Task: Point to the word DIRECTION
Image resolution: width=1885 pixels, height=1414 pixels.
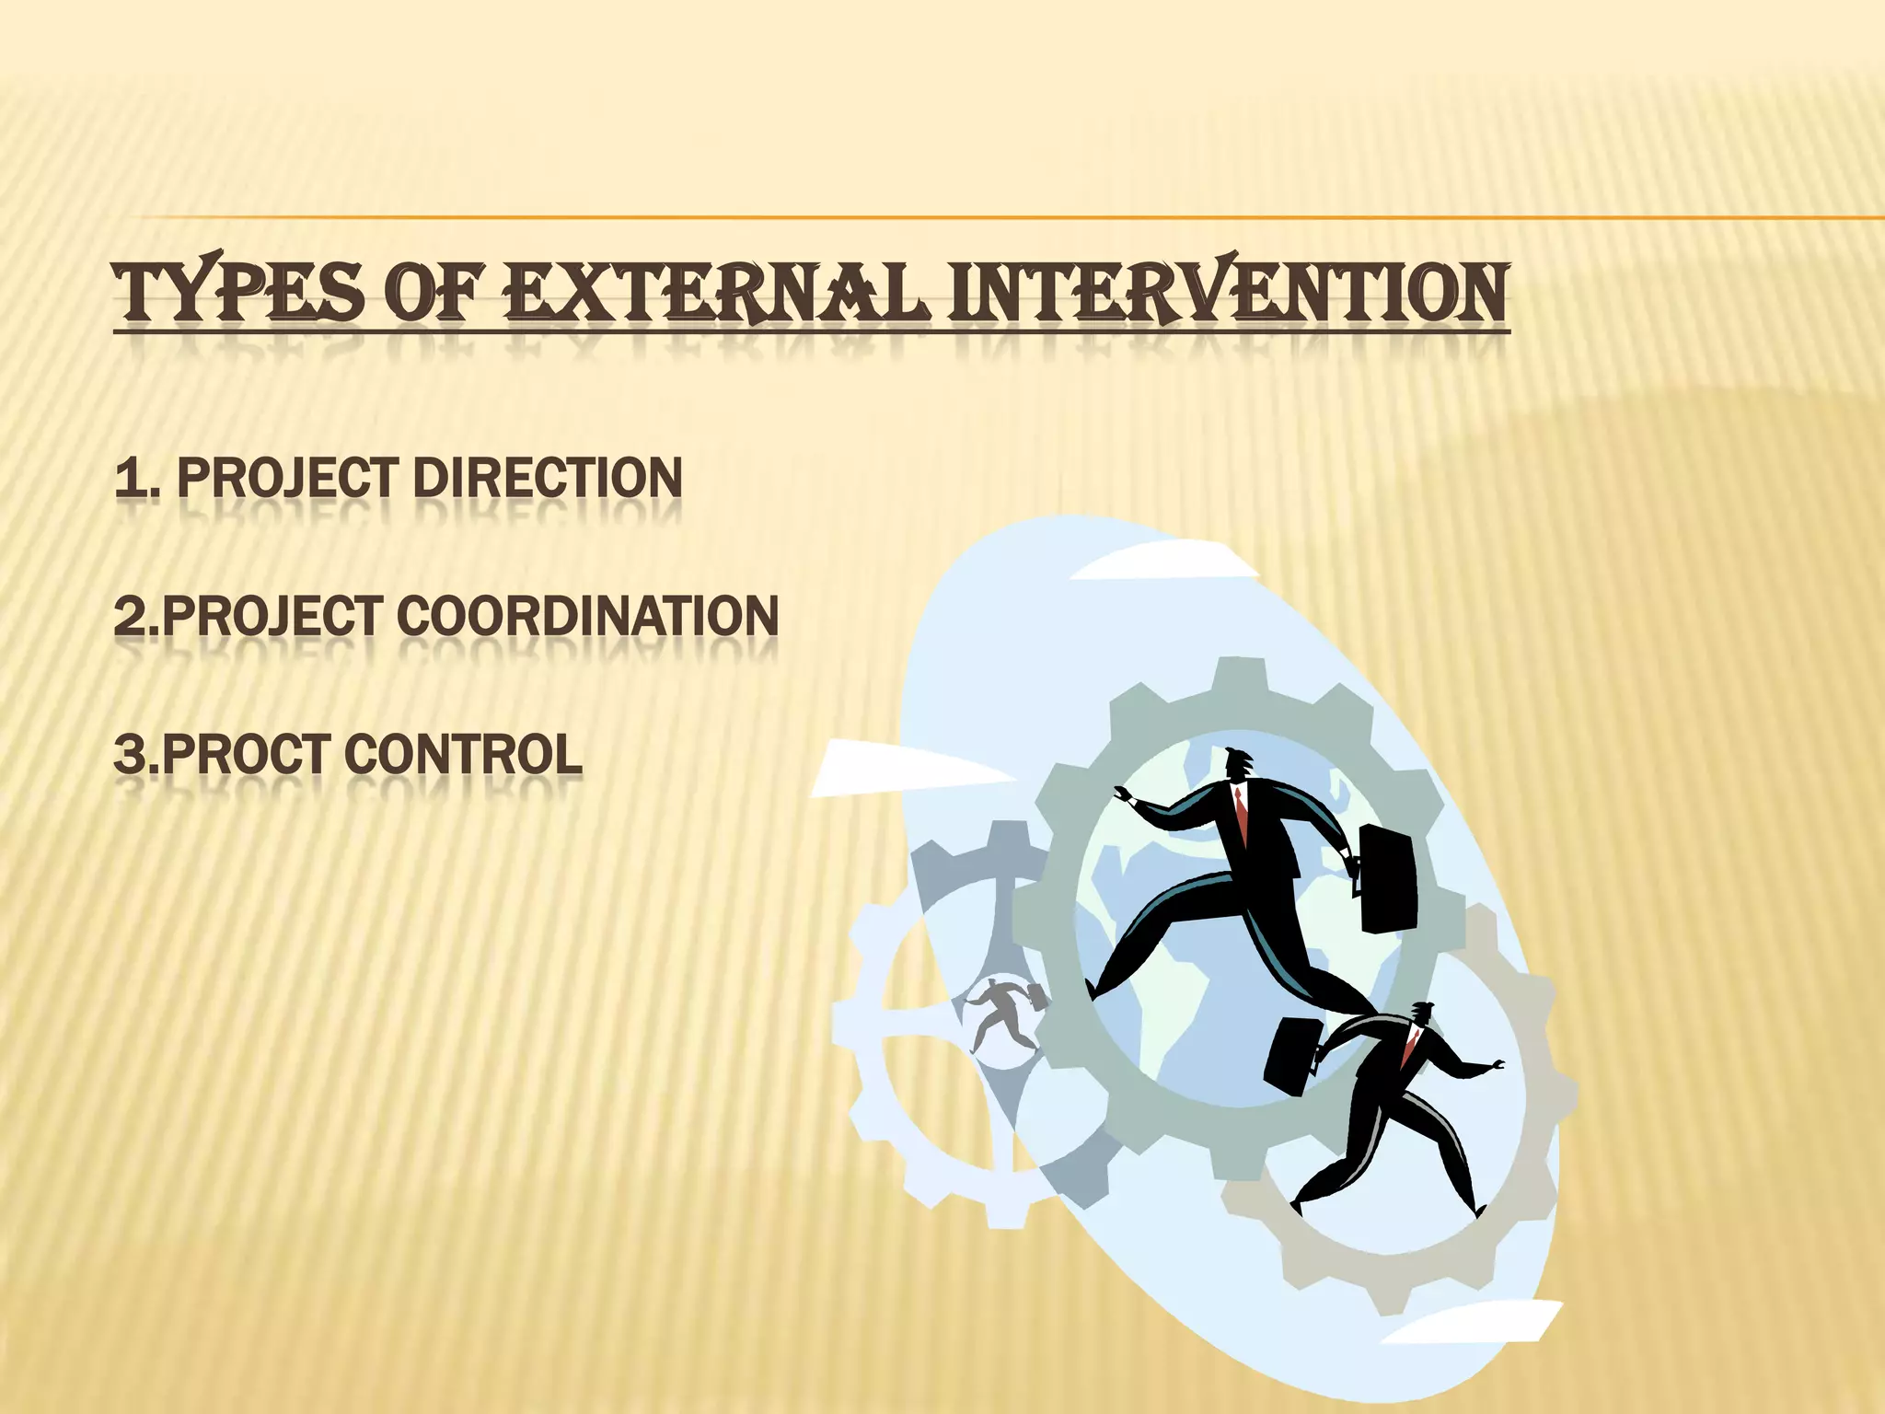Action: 548,479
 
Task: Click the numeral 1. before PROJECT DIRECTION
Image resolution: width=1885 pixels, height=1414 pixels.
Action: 136,479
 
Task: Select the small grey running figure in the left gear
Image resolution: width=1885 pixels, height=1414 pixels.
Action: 1003,1013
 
